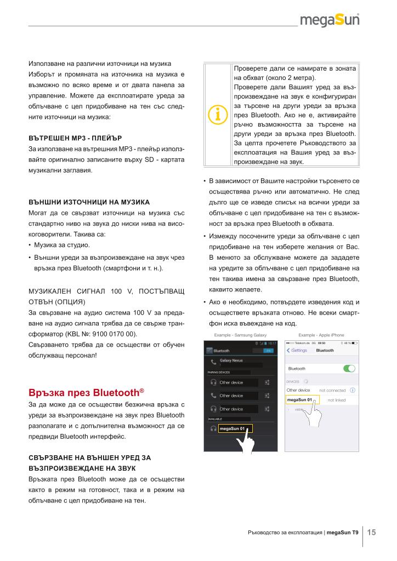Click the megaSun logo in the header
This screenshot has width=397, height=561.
tap(330, 21)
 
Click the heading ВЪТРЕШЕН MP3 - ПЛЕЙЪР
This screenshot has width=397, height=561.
tap(75, 137)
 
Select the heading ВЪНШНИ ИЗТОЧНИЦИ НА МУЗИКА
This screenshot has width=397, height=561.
tap(89, 202)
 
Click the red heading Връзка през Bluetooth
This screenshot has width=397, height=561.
tap(86, 392)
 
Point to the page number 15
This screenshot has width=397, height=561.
tap(371, 532)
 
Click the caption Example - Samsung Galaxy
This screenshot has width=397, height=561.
tap(237, 334)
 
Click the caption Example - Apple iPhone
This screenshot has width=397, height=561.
tap(321, 334)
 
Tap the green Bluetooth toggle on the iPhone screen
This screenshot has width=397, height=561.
tap(349, 368)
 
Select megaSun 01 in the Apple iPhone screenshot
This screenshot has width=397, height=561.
tap(299, 400)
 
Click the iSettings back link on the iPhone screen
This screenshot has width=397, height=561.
tap(297, 350)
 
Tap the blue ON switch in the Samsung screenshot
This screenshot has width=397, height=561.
tap(268, 350)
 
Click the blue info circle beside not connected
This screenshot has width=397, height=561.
tap(352, 390)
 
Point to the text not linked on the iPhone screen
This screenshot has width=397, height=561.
tap(336, 400)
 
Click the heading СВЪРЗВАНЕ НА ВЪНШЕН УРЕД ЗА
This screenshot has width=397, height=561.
tap(89, 457)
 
